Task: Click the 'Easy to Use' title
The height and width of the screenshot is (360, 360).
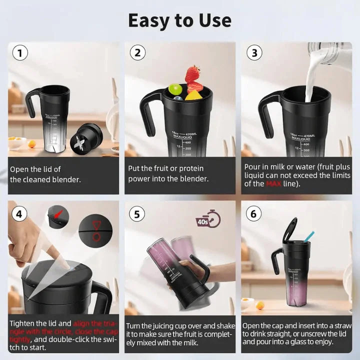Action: tap(179, 20)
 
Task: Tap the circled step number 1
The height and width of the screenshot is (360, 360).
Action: tap(20, 53)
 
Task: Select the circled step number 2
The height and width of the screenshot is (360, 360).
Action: tap(137, 53)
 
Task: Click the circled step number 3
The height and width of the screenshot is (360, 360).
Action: tap(254, 53)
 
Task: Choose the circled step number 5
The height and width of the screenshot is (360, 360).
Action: tap(137, 214)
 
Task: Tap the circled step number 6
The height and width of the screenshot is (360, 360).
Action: tap(254, 214)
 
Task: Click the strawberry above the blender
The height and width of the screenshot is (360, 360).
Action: tap(192, 75)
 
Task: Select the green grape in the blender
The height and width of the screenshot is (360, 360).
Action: tap(175, 89)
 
